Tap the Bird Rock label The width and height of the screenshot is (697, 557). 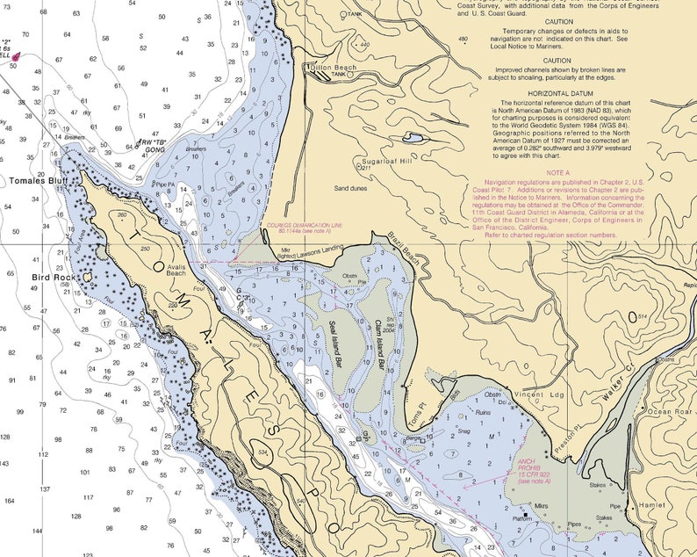55,277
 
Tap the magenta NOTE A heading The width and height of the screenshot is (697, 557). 558,173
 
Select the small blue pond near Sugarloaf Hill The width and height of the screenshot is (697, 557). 412,138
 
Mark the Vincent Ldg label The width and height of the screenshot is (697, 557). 542,395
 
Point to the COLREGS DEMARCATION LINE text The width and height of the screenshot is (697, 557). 305,225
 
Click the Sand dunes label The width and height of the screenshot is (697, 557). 350,188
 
